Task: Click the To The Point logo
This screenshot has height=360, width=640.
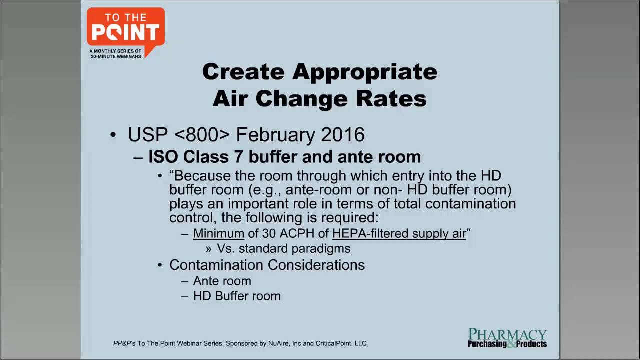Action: [125, 29]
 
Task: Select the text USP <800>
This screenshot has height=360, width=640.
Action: [179, 135]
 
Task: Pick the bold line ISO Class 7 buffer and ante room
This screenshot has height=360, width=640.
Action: [284, 157]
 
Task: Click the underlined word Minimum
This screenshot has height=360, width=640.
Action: [218, 233]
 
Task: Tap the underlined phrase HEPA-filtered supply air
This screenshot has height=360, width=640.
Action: [399, 233]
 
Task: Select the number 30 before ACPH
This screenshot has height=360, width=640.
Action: [269, 233]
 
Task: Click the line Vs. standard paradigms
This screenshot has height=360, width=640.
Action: [283, 248]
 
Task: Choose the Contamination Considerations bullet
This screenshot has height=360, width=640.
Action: [267, 265]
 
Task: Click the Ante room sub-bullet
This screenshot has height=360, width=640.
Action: [222, 281]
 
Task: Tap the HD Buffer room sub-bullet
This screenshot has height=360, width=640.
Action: [237, 296]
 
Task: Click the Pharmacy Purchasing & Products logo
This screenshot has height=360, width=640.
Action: [507, 338]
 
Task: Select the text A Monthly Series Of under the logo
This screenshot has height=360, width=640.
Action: [115, 51]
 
